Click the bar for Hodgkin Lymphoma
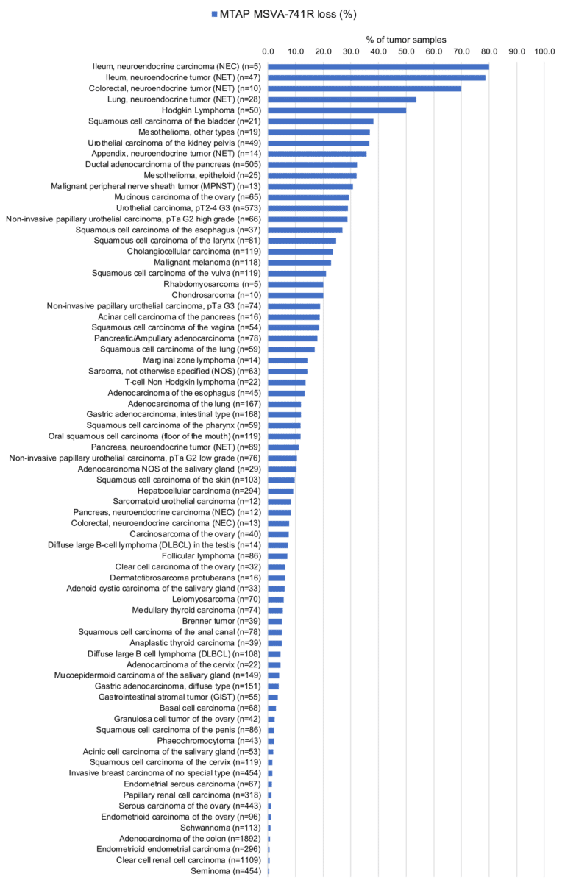pos(337,110)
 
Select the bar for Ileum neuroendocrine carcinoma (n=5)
pos(378,67)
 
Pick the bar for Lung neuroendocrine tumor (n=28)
pos(342,99)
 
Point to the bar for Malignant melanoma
pos(299,263)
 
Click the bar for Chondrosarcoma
pos(296,295)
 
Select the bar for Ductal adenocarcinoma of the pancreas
pos(312,165)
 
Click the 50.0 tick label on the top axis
pos(406,51)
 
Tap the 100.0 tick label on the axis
pos(544,51)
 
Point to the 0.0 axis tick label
pos(269,51)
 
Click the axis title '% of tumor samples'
pos(405,39)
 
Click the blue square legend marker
pos(214,13)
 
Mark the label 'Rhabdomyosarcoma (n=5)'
pos(213,284)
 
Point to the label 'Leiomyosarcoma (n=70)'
pos(218,600)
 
